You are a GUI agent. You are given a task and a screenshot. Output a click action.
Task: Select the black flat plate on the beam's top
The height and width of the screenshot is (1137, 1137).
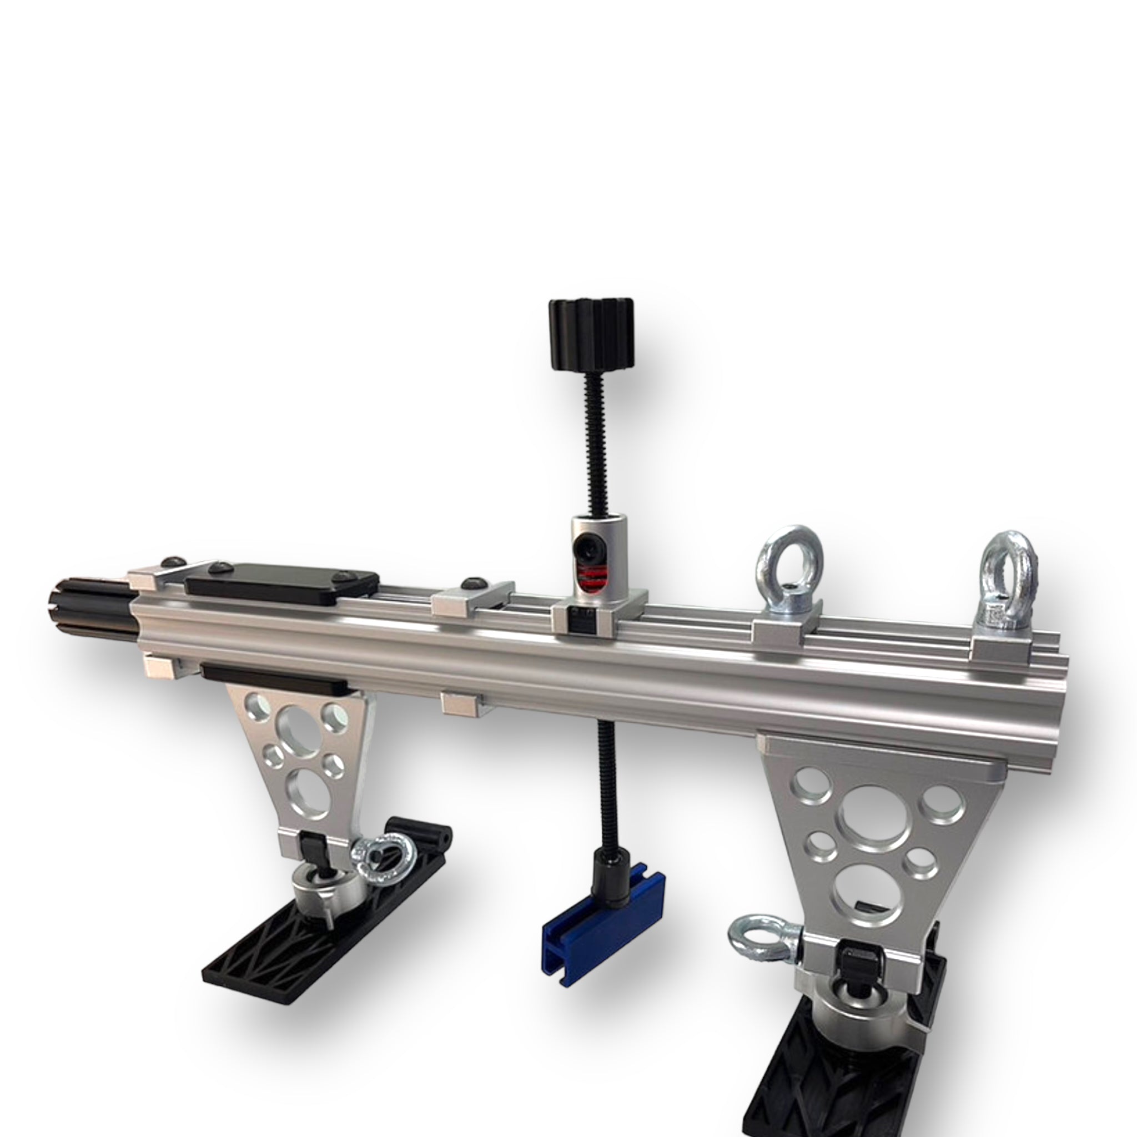[281, 581]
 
